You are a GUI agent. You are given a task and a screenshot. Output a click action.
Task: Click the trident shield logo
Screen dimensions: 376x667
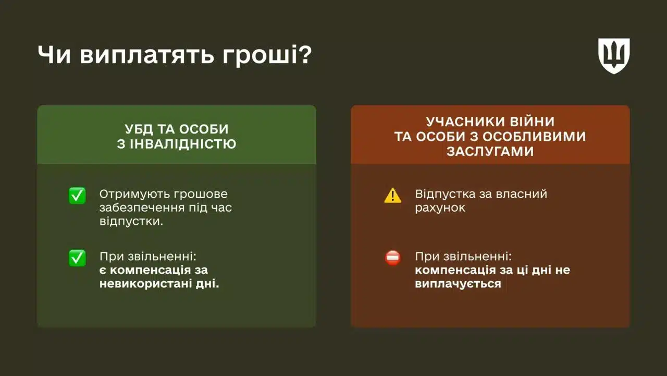point(613,55)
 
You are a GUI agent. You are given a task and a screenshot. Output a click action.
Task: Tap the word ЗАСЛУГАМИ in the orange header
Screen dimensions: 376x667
point(490,151)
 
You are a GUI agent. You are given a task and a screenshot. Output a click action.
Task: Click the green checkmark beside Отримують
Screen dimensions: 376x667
point(77,196)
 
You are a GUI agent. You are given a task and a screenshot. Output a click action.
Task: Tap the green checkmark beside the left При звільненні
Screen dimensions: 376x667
point(77,258)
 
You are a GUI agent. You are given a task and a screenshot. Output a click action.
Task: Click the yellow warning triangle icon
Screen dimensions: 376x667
point(392,196)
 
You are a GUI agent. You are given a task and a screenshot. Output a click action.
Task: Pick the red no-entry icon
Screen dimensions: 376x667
point(392,258)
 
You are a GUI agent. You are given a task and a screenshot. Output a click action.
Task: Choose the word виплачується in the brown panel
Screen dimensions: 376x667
point(458,284)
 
